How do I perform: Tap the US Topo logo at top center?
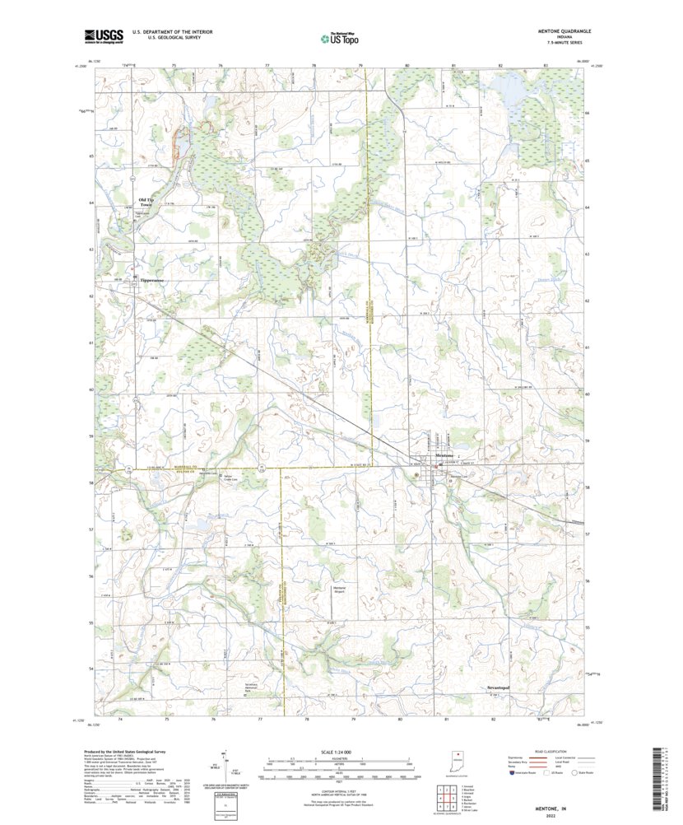pyautogui.click(x=339, y=37)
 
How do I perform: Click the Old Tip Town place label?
pyautogui.click(x=146, y=202)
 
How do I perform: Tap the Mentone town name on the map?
pyautogui.click(x=444, y=455)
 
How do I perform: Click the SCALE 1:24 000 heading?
pyautogui.click(x=338, y=753)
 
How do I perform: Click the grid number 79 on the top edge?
pyautogui.click(x=360, y=64)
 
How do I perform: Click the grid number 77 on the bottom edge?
pyautogui.click(x=260, y=719)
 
